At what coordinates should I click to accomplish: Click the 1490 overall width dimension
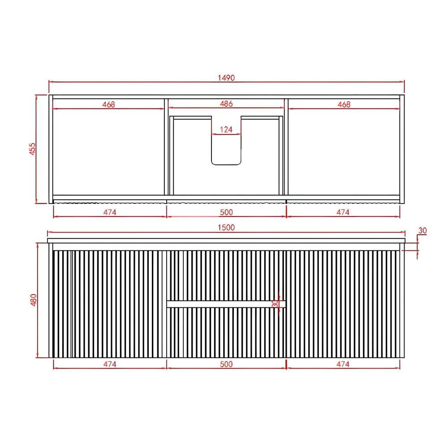pyautogui.click(x=226, y=78)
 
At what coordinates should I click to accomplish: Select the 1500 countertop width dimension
pyautogui.click(x=226, y=228)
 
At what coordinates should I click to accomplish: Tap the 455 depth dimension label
pyautogui.click(x=33, y=149)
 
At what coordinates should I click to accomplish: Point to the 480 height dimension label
pyautogui.click(x=34, y=300)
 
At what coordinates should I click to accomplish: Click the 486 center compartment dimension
pyautogui.click(x=226, y=104)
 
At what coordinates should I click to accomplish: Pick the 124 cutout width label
pyautogui.click(x=226, y=130)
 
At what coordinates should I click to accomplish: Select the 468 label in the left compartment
pyautogui.click(x=108, y=104)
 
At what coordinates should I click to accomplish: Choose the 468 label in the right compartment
pyautogui.click(x=344, y=104)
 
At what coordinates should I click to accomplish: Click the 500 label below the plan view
pyautogui.click(x=226, y=212)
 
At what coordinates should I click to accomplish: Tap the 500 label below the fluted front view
pyautogui.click(x=226, y=364)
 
